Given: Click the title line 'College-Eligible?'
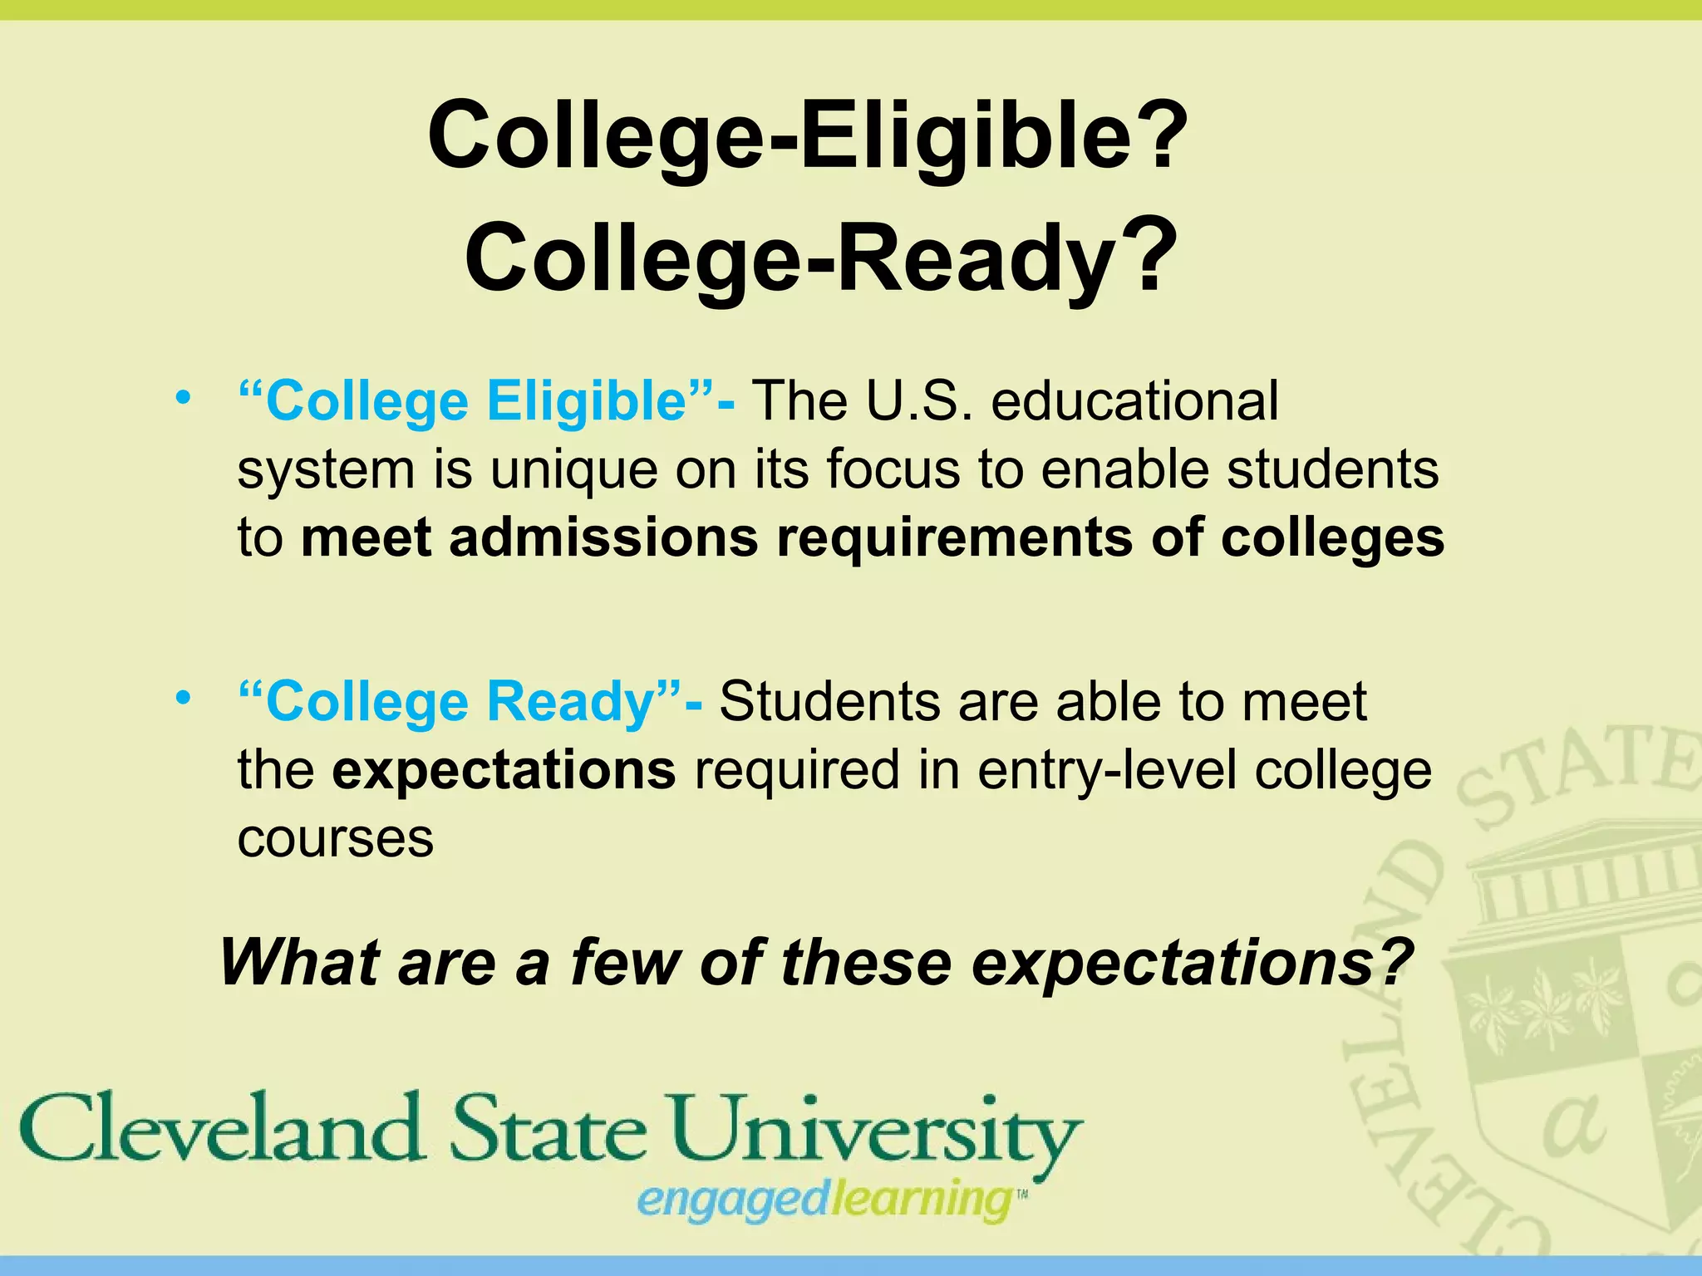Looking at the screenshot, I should tap(807, 135).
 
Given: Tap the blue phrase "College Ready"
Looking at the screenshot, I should tap(460, 703).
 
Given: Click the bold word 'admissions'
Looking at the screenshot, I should tap(604, 537).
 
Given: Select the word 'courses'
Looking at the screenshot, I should tap(335, 839).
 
